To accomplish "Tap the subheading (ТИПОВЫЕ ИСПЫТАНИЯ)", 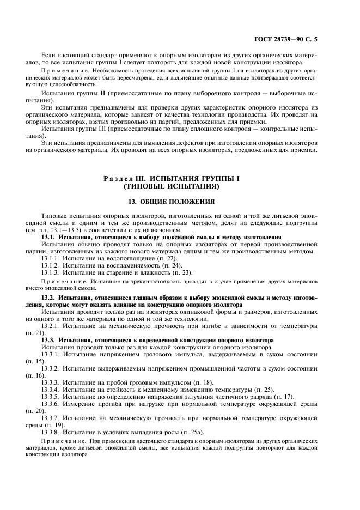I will point(180,186).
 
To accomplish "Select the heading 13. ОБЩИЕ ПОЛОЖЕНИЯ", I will point(180,202).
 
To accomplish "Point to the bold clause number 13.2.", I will point(48,297).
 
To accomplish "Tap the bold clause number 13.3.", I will point(48,340).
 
